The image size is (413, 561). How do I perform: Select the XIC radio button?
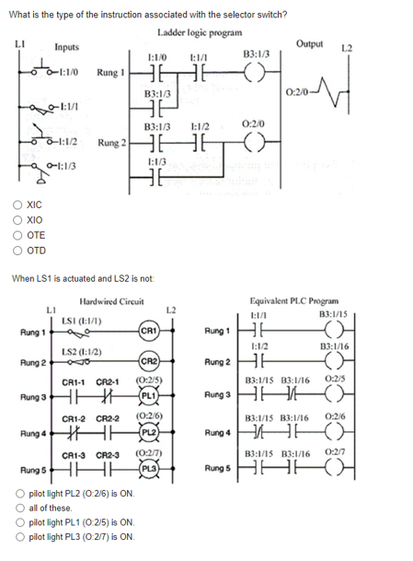pyautogui.click(x=12, y=208)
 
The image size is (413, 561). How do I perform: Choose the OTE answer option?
pyautogui.click(x=12, y=237)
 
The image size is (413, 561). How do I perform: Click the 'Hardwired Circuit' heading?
pyautogui.click(x=112, y=301)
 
